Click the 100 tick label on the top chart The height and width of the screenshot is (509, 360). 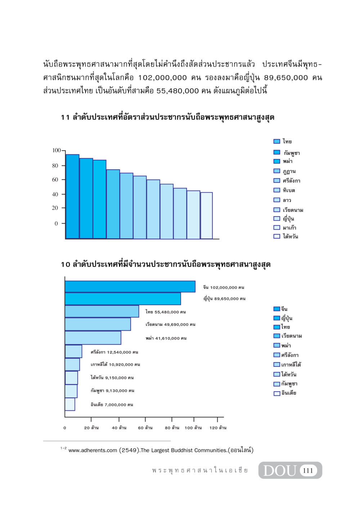click(57, 150)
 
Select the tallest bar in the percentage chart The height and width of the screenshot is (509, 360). click(73, 196)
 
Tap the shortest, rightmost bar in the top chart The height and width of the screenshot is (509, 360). click(207, 215)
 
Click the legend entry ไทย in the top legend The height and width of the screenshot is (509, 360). click(283, 141)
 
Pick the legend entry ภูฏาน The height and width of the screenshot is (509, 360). click(284, 171)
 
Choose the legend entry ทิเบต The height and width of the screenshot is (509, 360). click(284, 190)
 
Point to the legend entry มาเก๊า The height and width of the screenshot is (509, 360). click(285, 227)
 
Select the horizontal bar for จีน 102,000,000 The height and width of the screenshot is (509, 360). click(130, 287)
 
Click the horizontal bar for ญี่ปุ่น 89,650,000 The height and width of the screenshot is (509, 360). click(123, 299)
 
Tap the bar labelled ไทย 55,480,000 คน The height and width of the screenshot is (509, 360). click(102, 311)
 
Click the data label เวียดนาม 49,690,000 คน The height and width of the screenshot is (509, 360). click(170, 324)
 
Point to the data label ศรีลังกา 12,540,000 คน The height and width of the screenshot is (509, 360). click(114, 352)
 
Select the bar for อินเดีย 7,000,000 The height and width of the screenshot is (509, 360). click(70, 404)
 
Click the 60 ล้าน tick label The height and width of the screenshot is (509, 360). click(145, 428)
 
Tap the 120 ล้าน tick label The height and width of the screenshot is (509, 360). click(218, 428)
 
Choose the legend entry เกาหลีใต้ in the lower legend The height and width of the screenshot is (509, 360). click(287, 364)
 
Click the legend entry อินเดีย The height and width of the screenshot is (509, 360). click(285, 393)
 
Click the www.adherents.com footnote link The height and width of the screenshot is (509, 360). click(93, 450)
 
